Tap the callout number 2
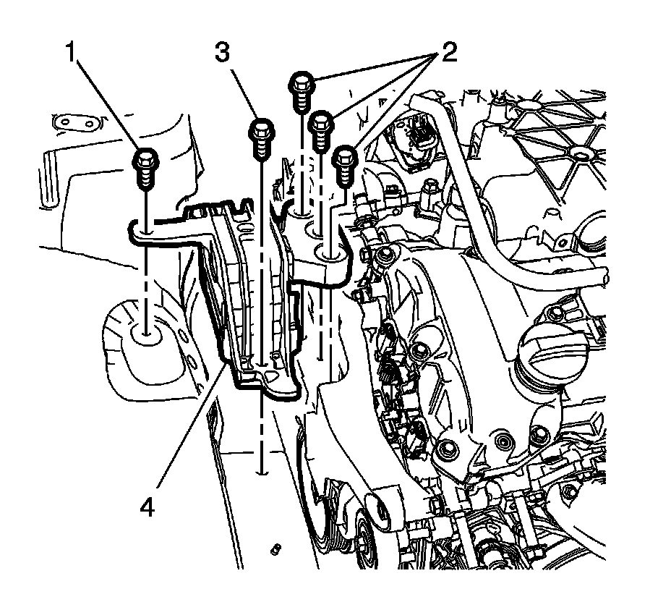446,53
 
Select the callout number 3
222,53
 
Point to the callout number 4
147,508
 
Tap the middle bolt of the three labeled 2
320,131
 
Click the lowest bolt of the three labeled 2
344,166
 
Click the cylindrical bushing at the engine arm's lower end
383,507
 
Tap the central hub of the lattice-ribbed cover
579,155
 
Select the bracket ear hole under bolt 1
146,232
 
